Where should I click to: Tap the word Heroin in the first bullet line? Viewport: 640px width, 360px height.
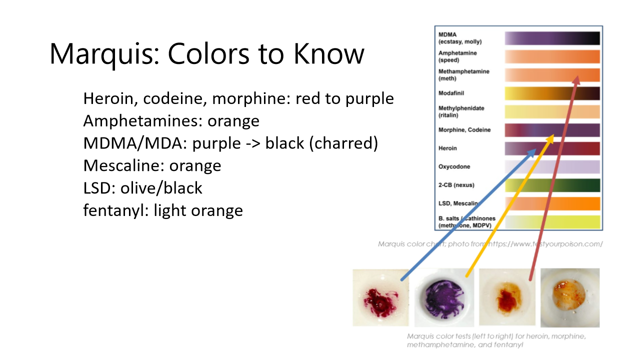coord(109,98)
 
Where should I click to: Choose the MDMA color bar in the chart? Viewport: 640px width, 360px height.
coord(552,38)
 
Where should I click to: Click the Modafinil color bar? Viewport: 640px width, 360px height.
coord(552,93)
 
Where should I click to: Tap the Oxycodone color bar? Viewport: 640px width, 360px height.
coord(552,166)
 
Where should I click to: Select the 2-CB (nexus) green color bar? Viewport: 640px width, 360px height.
coord(552,185)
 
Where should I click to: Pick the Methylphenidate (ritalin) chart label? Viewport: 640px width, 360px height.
coord(461,111)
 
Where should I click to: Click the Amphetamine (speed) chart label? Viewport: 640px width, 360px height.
coord(457,56)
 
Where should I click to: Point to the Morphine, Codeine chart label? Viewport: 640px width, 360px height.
coord(464,130)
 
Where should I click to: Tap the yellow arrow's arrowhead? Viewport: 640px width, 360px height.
coord(551,137)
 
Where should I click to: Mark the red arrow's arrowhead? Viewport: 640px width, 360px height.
coord(576,80)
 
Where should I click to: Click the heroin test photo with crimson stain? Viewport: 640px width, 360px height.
coord(380,297)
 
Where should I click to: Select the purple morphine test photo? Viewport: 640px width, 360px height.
coord(444,298)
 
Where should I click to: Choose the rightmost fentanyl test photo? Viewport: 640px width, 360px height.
coord(570,297)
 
